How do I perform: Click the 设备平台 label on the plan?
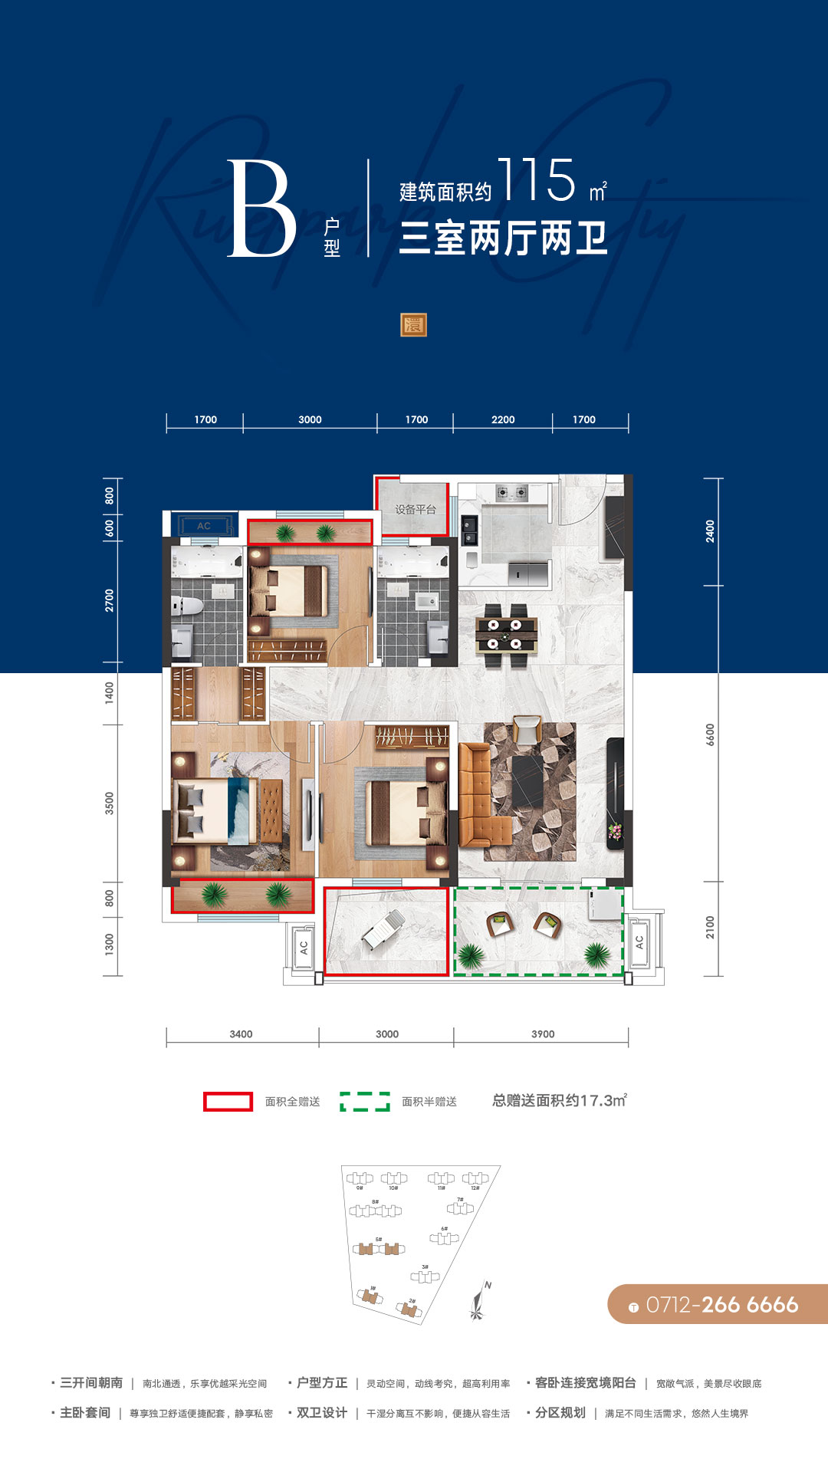click(x=416, y=509)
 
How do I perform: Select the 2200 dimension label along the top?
click(x=503, y=419)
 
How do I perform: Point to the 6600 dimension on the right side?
click(x=710, y=734)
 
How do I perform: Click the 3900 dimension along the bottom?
click(x=543, y=1034)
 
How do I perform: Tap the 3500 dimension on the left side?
click(x=110, y=803)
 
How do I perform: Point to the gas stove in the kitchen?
click(x=511, y=492)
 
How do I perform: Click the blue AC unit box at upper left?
click(x=203, y=526)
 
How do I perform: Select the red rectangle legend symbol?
click(x=228, y=1102)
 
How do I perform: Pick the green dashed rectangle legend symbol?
click(x=365, y=1102)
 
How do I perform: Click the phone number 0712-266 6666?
click(x=721, y=1304)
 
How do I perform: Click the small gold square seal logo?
click(x=413, y=325)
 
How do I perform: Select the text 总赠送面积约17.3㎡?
click(x=560, y=1101)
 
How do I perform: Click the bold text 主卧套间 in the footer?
click(x=85, y=1413)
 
